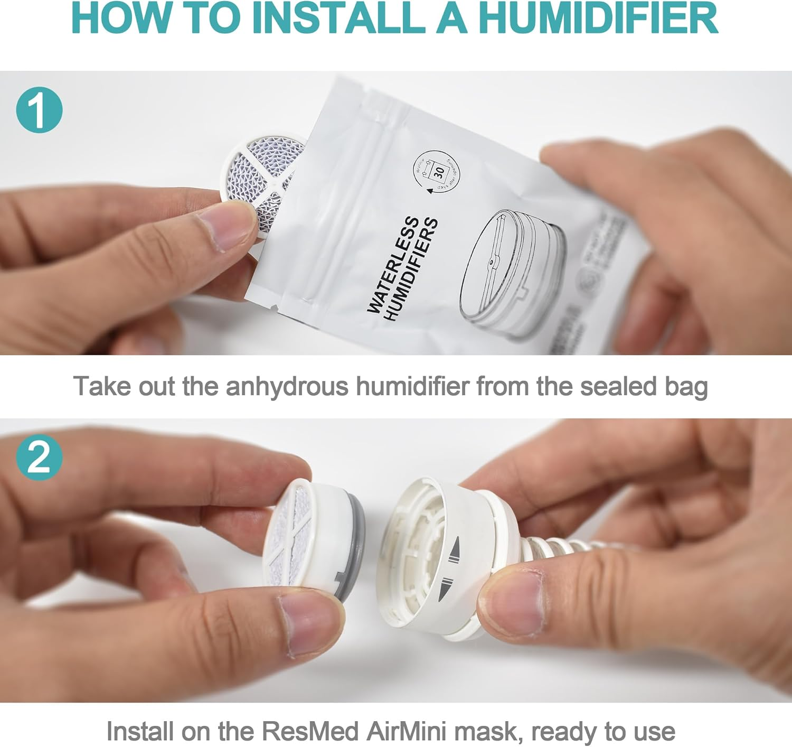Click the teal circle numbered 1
coord(40,110)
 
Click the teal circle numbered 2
coord(40,457)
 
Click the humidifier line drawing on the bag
coord(512,272)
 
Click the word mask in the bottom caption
coord(486,732)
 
